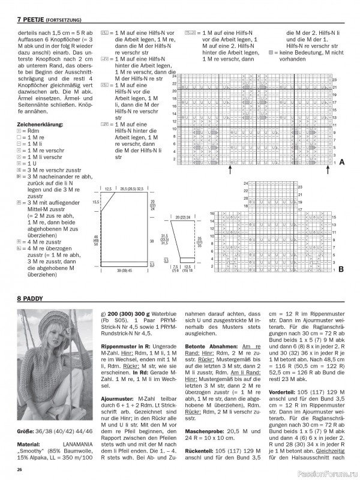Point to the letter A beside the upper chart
[341, 163]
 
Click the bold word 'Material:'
[29, 445]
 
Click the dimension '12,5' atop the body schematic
[108, 189]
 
